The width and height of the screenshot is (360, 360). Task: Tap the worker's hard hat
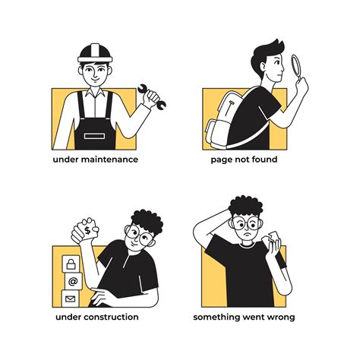click(95, 53)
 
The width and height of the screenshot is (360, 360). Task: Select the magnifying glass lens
click(295, 65)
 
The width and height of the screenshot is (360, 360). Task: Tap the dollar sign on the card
click(87, 230)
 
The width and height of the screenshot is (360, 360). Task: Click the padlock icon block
click(71, 264)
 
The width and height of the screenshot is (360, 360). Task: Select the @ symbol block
click(73, 281)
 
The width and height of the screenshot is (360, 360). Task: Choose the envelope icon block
click(71, 298)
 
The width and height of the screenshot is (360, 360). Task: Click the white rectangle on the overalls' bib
click(94, 136)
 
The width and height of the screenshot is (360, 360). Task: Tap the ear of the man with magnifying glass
click(264, 67)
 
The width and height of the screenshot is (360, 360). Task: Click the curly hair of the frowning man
click(246, 206)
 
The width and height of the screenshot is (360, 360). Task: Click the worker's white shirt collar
click(95, 93)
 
